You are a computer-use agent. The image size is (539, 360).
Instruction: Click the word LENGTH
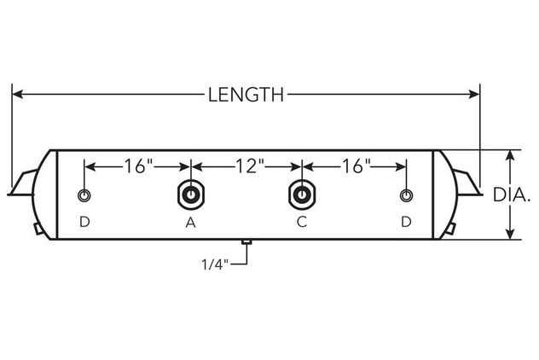pyautogui.click(x=246, y=95)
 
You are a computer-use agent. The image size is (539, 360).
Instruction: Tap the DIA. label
pyautogui.click(x=512, y=195)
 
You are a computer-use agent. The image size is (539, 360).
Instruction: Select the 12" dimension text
pyautogui.click(x=250, y=166)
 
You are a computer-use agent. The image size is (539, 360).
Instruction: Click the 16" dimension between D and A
pyautogui.click(x=138, y=166)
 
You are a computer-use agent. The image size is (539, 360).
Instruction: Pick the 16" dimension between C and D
pyautogui.click(x=356, y=166)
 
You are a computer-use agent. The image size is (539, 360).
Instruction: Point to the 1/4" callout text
pyautogui.click(x=215, y=264)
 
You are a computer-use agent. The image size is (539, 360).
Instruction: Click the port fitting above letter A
pyautogui.click(x=191, y=195)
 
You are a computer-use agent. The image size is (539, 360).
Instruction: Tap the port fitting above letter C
pyautogui.click(x=302, y=195)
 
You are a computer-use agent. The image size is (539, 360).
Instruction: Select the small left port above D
pyautogui.click(x=84, y=195)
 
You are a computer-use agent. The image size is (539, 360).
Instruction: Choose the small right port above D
pyautogui.click(x=406, y=195)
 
